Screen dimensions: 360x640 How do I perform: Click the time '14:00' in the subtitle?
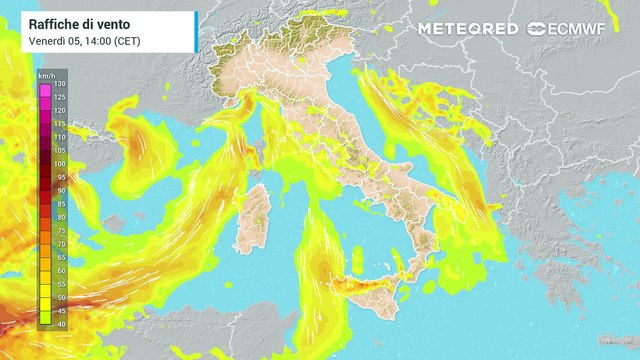click(86, 41)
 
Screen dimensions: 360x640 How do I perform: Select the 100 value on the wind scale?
click(60, 163)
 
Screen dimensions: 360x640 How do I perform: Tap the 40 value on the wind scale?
click(60, 323)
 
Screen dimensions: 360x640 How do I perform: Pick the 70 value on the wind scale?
click(60, 243)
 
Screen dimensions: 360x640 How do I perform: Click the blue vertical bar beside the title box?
click(196, 32)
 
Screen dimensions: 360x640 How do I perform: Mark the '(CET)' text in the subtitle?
click(127, 41)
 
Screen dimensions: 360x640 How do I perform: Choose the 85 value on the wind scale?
click(60, 203)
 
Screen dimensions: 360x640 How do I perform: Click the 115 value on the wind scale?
click(60, 123)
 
